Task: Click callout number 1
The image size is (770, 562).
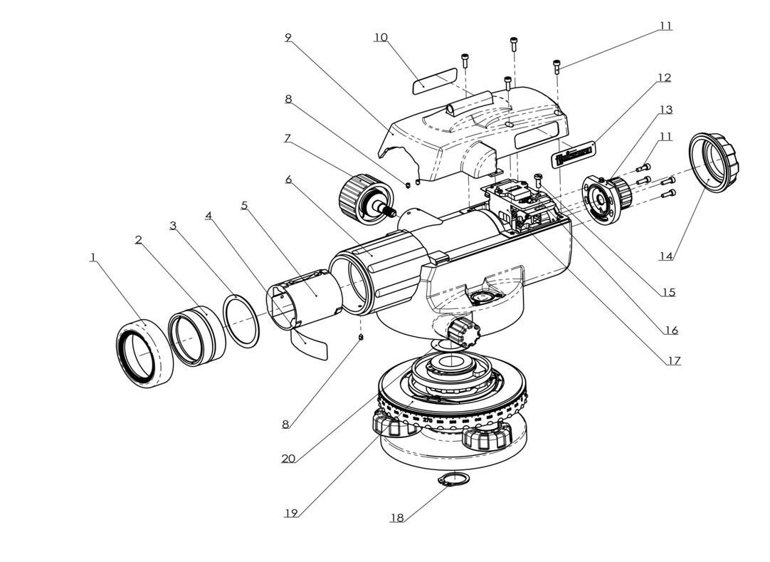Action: pos(93,257)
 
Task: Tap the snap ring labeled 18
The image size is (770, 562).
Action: pos(454,482)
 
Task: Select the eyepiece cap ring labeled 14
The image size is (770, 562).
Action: pos(714,162)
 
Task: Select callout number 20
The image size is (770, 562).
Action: pos(288,458)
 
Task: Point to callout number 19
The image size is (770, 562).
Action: pos(290,512)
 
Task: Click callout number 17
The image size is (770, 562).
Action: pos(673,360)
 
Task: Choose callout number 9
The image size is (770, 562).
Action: pos(288,37)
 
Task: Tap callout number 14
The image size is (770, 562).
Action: pos(665,256)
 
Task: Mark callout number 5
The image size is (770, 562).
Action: pos(244,205)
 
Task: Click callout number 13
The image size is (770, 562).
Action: pos(665,109)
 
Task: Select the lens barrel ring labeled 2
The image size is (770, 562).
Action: pos(196,332)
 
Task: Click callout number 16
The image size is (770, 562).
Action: pos(671,330)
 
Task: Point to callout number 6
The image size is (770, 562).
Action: pos(289,179)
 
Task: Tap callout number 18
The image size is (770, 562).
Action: pos(396,518)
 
